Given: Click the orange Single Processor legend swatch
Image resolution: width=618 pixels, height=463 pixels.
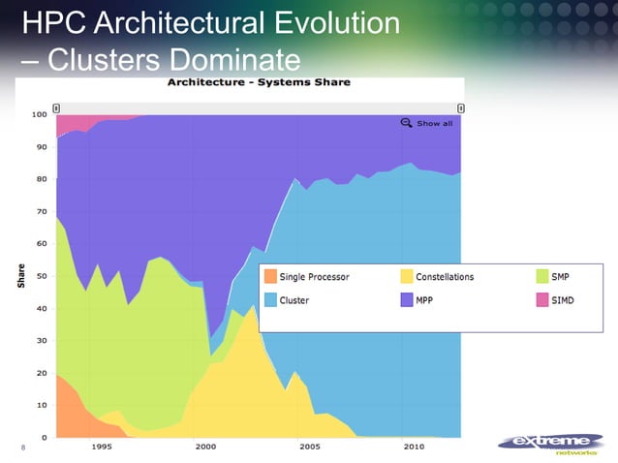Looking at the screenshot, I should pos(269,277).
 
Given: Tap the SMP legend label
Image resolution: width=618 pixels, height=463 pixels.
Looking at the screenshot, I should pos(559,277).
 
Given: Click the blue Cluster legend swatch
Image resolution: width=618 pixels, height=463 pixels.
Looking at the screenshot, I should pos(269,300).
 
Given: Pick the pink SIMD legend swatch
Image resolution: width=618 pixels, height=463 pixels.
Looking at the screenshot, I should pos(541,300).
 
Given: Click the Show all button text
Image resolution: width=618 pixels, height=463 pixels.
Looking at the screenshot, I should pos(434,124).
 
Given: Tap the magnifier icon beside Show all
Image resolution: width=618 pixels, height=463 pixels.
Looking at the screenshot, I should pos(407,123).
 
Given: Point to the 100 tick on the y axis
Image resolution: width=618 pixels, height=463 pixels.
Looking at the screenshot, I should pos(39,114).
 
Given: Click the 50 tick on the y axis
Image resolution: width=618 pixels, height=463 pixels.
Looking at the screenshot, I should pos(42,276).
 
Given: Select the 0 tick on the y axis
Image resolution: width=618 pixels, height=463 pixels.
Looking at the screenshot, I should pos(45,437).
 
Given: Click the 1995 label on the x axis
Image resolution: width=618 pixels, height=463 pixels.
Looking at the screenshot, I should pos(101,448).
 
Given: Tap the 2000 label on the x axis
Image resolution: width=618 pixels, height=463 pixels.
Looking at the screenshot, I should pos(205,448).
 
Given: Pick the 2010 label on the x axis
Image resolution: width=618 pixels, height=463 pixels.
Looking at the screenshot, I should pos(414,448).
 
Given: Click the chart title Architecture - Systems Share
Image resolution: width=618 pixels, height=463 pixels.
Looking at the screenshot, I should pos(259,82).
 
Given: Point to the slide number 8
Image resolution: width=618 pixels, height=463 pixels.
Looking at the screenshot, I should pos(22,448).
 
